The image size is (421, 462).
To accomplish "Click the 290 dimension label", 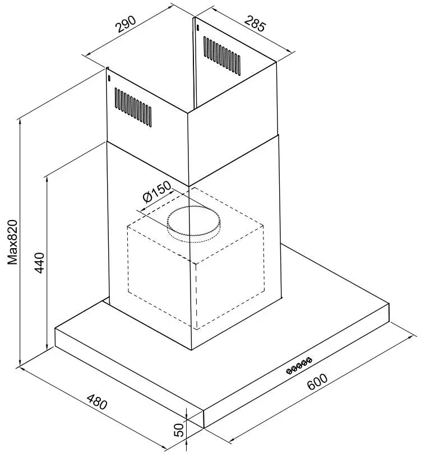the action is point(126,24).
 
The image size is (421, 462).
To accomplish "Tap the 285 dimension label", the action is point(255,23).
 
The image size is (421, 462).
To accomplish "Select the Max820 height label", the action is point(12,242).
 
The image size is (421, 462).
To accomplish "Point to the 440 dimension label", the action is point(39,263).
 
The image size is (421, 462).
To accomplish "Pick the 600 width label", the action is point(317,381).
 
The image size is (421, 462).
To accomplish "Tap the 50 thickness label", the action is point(179,429).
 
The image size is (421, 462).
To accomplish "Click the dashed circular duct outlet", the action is point(193,224).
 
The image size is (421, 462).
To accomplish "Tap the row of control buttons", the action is point(299,365).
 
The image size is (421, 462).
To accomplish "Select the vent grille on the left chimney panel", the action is point(133,107).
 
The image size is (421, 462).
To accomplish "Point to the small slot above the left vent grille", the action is point(109,79).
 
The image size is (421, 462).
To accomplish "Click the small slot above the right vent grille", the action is point(198,28).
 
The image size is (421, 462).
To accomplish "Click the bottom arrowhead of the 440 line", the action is point(47,346).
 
